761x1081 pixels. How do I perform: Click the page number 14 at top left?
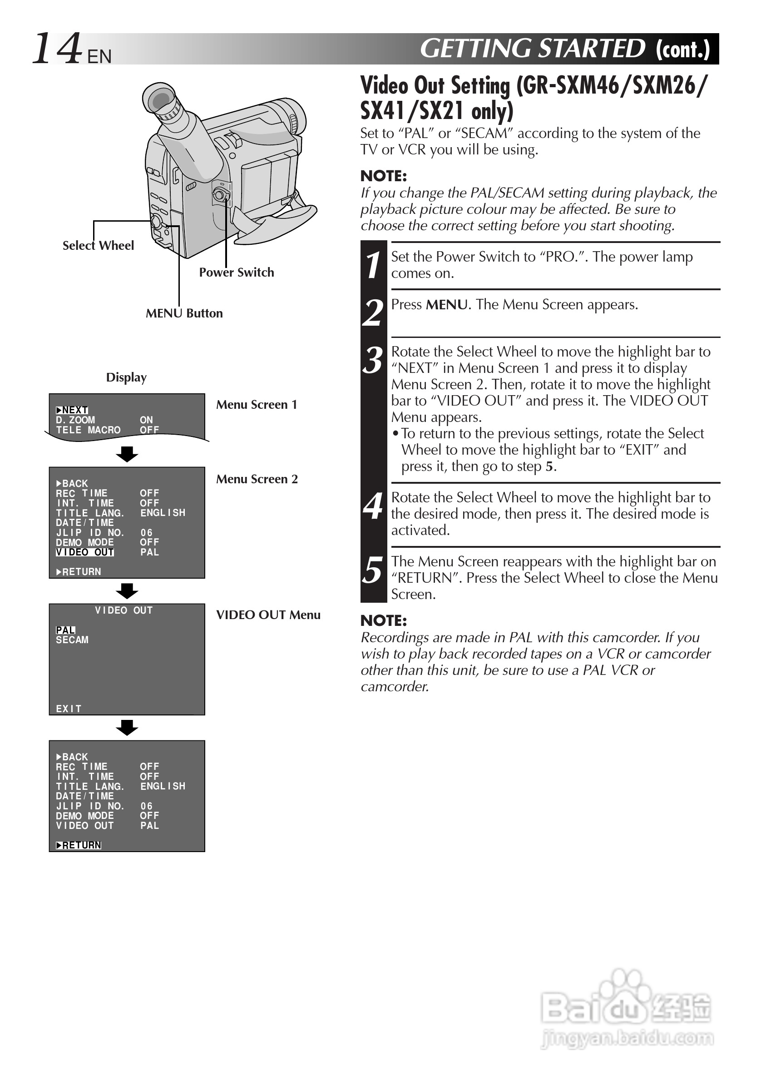(x=56, y=48)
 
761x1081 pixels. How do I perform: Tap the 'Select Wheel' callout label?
(x=98, y=245)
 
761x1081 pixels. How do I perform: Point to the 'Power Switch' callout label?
(x=236, y=272)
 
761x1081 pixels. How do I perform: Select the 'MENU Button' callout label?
(x=184, y=313)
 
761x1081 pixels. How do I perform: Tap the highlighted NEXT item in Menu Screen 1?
(x=72, y=410)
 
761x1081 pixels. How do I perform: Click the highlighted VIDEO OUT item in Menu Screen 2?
(x=85, y=552)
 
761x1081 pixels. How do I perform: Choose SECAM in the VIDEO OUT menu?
(x=72, y=640)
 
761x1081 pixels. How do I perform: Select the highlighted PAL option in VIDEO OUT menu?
(x=65, y=630)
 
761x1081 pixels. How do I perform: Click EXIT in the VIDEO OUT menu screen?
(x=69, y=709)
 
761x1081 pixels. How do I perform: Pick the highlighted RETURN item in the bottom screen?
(x=79, y=845)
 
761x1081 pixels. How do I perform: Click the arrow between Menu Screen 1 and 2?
(x=127, y=454)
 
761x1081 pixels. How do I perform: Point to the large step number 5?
(x=373, y=570)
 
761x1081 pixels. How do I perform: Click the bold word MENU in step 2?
(x=447, y=305)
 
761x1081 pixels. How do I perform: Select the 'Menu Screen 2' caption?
(x=257, y=479)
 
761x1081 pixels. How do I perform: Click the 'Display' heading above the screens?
(x=126, y=377)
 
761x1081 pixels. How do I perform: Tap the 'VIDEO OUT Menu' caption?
(x=268, y=615)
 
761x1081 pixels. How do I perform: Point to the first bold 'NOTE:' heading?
(x=384, y=176)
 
